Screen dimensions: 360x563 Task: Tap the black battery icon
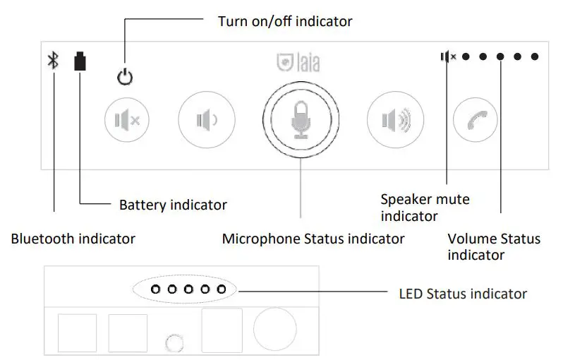coord(81,61)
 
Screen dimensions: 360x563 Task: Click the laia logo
coord(298,63)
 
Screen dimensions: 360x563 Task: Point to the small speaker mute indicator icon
coord(447,56)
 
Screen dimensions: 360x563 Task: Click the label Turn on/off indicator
coord(285,22)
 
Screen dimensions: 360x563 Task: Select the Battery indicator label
coord(173,205)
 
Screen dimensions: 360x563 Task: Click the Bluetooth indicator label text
coord(73,239)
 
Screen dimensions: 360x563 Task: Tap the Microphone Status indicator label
coord(313,239)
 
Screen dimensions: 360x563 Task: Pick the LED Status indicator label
coord(463,293)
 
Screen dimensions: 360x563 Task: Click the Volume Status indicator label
coord(494,246)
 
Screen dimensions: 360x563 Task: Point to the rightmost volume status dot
coord(535,56)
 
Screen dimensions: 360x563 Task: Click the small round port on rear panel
coord(174,344)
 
